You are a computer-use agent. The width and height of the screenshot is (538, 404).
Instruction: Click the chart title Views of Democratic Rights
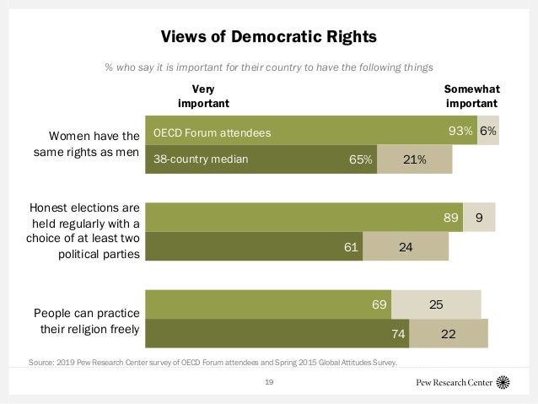pyautogui.click(x=268, y=37)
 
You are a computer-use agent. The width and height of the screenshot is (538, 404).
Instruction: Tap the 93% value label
pyautogui.click(x=460, y=132)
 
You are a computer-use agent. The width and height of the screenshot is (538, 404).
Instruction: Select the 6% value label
pyautogui.click(x=488, y=132)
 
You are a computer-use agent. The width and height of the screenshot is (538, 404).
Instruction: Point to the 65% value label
pyautogui.click(x=361, y=159)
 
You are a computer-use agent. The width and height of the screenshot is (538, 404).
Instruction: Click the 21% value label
pyautogui.click(x=414, y=159)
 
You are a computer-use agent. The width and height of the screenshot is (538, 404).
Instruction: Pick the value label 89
pyautogui.click(x=452, y=218)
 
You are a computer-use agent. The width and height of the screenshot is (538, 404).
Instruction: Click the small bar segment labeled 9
pyautogui.click(x=479, y=218)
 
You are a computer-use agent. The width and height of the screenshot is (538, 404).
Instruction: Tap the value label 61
pyautogui.click(x=350, y=246)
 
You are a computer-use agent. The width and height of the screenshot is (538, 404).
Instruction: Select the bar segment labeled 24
pyautogui.click(x=406, y=246)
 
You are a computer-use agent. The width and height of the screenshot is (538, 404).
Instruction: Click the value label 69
pyautogui.click(x=379, y=304)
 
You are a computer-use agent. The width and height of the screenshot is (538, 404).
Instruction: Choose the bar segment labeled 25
pyautogui.click(x=436, y=304)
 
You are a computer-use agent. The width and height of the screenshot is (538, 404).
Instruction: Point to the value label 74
pyautogui.click(x=398, y=333)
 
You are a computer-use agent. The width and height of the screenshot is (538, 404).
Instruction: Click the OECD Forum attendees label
pyautogui.click(x=213, y=132)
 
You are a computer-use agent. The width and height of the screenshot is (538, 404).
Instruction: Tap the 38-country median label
pyautogui.click(x=201, y=159)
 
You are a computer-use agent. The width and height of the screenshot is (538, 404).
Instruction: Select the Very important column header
pyautogui.click(x=203, y=95)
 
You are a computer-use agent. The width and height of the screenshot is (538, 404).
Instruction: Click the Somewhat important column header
pyautogui.click(x=471, y=95)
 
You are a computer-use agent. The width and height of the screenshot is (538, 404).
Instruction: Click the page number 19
pyautogui.click(x=268, y=382)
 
